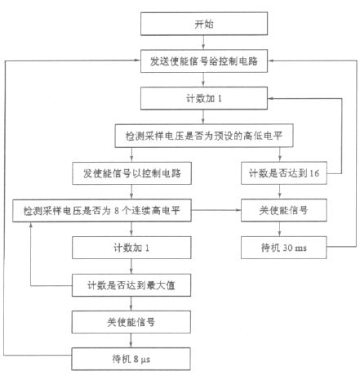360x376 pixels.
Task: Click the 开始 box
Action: tap(204, 24)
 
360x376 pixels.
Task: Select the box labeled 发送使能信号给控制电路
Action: tap(204, 61)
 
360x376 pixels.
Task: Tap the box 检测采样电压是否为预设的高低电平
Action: tap(204, 136)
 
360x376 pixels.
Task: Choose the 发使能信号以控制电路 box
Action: tap(131, 173)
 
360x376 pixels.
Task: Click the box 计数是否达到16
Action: tap(284, 173)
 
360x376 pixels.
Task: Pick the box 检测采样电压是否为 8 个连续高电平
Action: tap(102, 210)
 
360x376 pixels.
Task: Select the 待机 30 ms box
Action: tap(284, 248)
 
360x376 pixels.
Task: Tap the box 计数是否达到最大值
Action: tap(131, 285)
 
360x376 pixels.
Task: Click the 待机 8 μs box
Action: tap(131, 359)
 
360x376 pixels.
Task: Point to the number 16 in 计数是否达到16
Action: tap(314, 173)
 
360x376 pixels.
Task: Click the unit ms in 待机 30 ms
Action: tap(300, 248)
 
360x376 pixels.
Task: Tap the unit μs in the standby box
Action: tap(145, 360)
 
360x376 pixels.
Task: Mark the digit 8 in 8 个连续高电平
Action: tap(117, 211)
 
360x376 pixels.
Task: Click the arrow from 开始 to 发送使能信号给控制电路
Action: tap(203, 43)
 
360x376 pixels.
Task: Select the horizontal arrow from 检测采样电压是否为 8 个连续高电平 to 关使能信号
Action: tap(216, 210)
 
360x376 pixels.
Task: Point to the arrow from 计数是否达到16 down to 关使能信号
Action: tap(279, 192)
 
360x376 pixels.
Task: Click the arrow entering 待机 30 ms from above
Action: tap(279, 229)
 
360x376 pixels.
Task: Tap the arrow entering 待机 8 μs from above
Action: tap(131, 340)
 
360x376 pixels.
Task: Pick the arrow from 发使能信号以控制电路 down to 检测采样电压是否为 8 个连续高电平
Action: tap(131, 192)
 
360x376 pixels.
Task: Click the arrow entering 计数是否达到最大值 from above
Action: tap(131, 266)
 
